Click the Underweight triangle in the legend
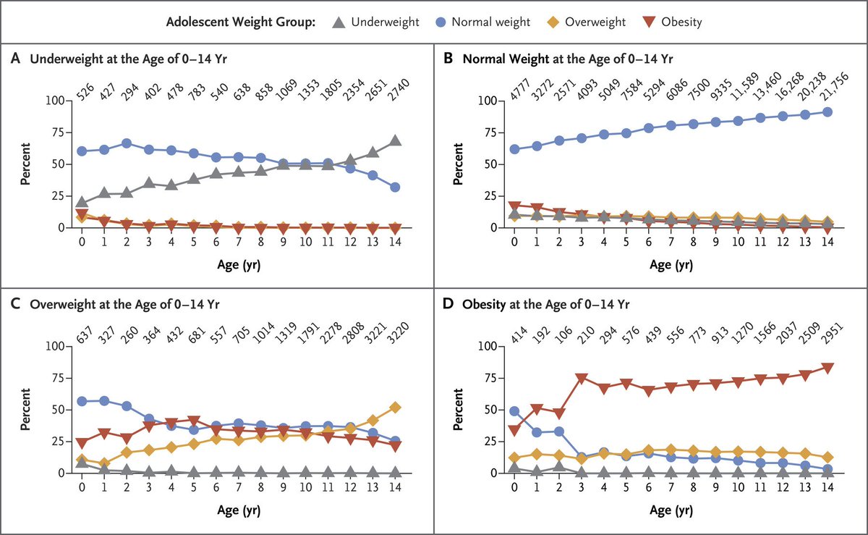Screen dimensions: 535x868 (338, 22)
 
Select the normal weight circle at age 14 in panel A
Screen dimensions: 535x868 (393, 187)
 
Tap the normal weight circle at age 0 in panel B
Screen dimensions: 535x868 (515, 149)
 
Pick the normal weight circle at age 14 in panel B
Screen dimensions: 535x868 (827, 111)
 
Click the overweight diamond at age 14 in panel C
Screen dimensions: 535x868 (393, 407)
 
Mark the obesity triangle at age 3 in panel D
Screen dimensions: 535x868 (582, 379)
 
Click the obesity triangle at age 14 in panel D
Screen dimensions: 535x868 (827, 368)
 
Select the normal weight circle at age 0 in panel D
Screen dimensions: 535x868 (515, 411)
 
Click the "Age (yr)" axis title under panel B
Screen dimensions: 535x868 (671, 264)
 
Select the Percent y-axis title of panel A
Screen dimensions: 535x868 (25, 164)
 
